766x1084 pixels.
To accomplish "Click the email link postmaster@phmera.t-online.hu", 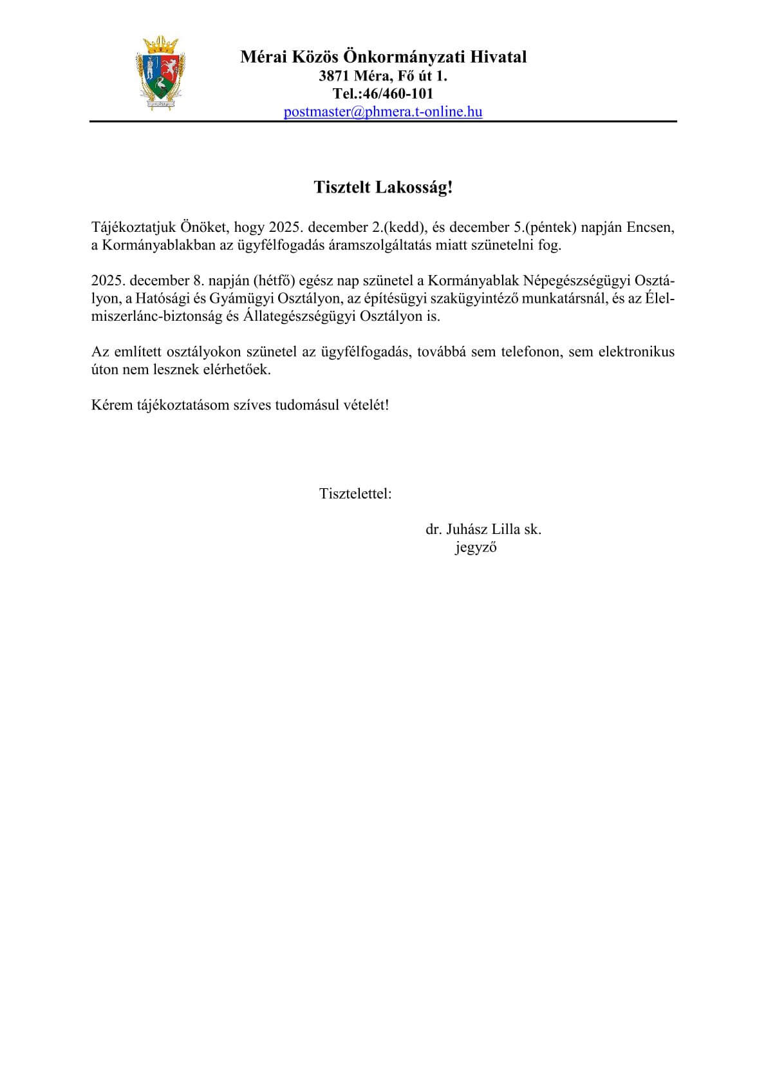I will pos(383,111).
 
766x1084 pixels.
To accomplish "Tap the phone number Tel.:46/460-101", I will pos(383,94).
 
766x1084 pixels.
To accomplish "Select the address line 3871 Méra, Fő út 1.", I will pos(383,76).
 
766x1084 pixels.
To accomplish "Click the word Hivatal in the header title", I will pos(498,57).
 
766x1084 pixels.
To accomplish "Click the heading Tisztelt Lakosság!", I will pos(383,187).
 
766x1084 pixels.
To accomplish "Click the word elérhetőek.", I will pos(239,370).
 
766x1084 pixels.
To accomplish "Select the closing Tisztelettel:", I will pos(355,494).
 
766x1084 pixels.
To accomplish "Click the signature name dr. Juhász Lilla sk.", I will pos(483,529).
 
